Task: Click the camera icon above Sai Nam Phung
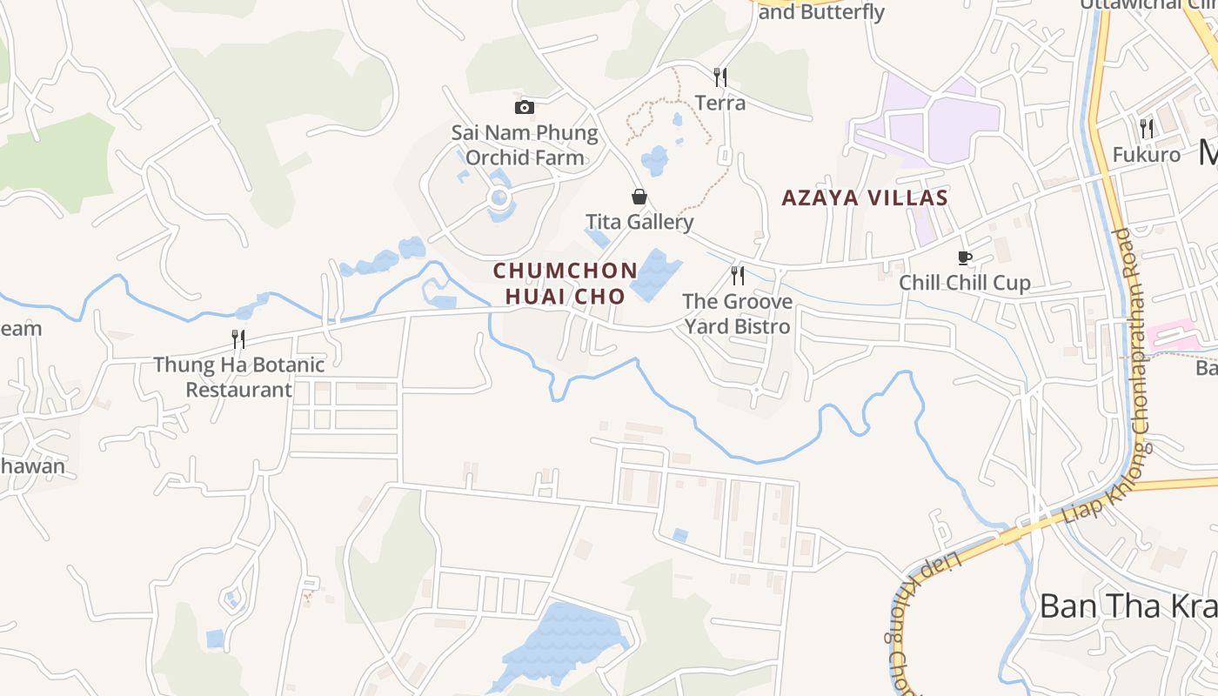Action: coord(525,107)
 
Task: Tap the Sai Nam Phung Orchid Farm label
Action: coord(525,145)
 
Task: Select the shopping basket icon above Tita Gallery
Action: coord(639,197)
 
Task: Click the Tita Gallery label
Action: coord(639,222)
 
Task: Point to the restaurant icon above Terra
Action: coord(720,77)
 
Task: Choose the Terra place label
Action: coord(720,103)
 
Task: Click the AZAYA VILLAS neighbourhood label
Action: coord(864,198)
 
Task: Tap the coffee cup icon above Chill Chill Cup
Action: coord(964,258)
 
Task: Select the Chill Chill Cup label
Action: coord(964,283)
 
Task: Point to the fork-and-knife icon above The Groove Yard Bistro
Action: coord(738,276)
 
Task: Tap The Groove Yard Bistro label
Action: coord(738,314)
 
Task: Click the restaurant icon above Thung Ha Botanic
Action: coord(238,338)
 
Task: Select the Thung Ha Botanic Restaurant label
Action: coord(238,377)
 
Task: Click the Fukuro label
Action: coord(1147,155)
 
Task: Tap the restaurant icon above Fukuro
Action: coord(1147,129)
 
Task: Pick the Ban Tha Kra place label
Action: coord(1128,606)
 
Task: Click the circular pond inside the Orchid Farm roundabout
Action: coord(499,198)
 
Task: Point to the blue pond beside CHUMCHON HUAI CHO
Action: coord(655,275)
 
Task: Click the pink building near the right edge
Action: coord(1171,336)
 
